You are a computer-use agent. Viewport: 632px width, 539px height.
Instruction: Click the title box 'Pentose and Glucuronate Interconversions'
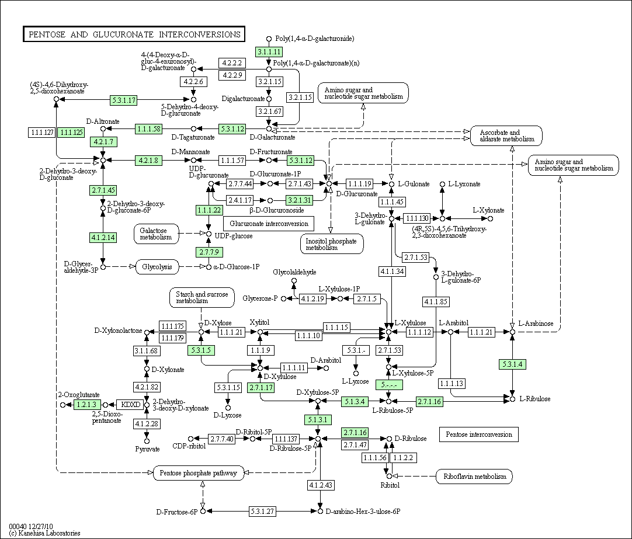[x=134, y=34]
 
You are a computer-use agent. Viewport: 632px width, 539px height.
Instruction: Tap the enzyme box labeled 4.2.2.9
[x=232, y=75]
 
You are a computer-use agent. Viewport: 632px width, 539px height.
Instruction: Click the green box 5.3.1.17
[x=124, y=100]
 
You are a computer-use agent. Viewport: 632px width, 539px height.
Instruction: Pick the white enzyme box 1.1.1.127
[x=41, y=133]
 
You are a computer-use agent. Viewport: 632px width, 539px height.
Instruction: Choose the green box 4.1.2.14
[x=103, y=237]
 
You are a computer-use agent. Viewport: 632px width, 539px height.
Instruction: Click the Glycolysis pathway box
[x=157, y=267]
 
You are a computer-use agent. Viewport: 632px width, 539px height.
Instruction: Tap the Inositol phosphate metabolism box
[x=331, y=244]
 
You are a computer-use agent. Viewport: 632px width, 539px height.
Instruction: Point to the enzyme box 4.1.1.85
[x=436, y=302]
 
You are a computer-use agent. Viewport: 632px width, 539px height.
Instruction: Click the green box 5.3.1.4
[x=512, y=364]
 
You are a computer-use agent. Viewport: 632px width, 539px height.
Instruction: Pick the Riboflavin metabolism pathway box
[x=474, y=477]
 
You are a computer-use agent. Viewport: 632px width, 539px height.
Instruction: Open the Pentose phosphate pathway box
[x=199, y=472]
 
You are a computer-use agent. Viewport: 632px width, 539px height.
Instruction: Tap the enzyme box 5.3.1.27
[x=263, y=511]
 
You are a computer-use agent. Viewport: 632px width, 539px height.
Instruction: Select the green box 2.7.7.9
[x=209, y=252]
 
